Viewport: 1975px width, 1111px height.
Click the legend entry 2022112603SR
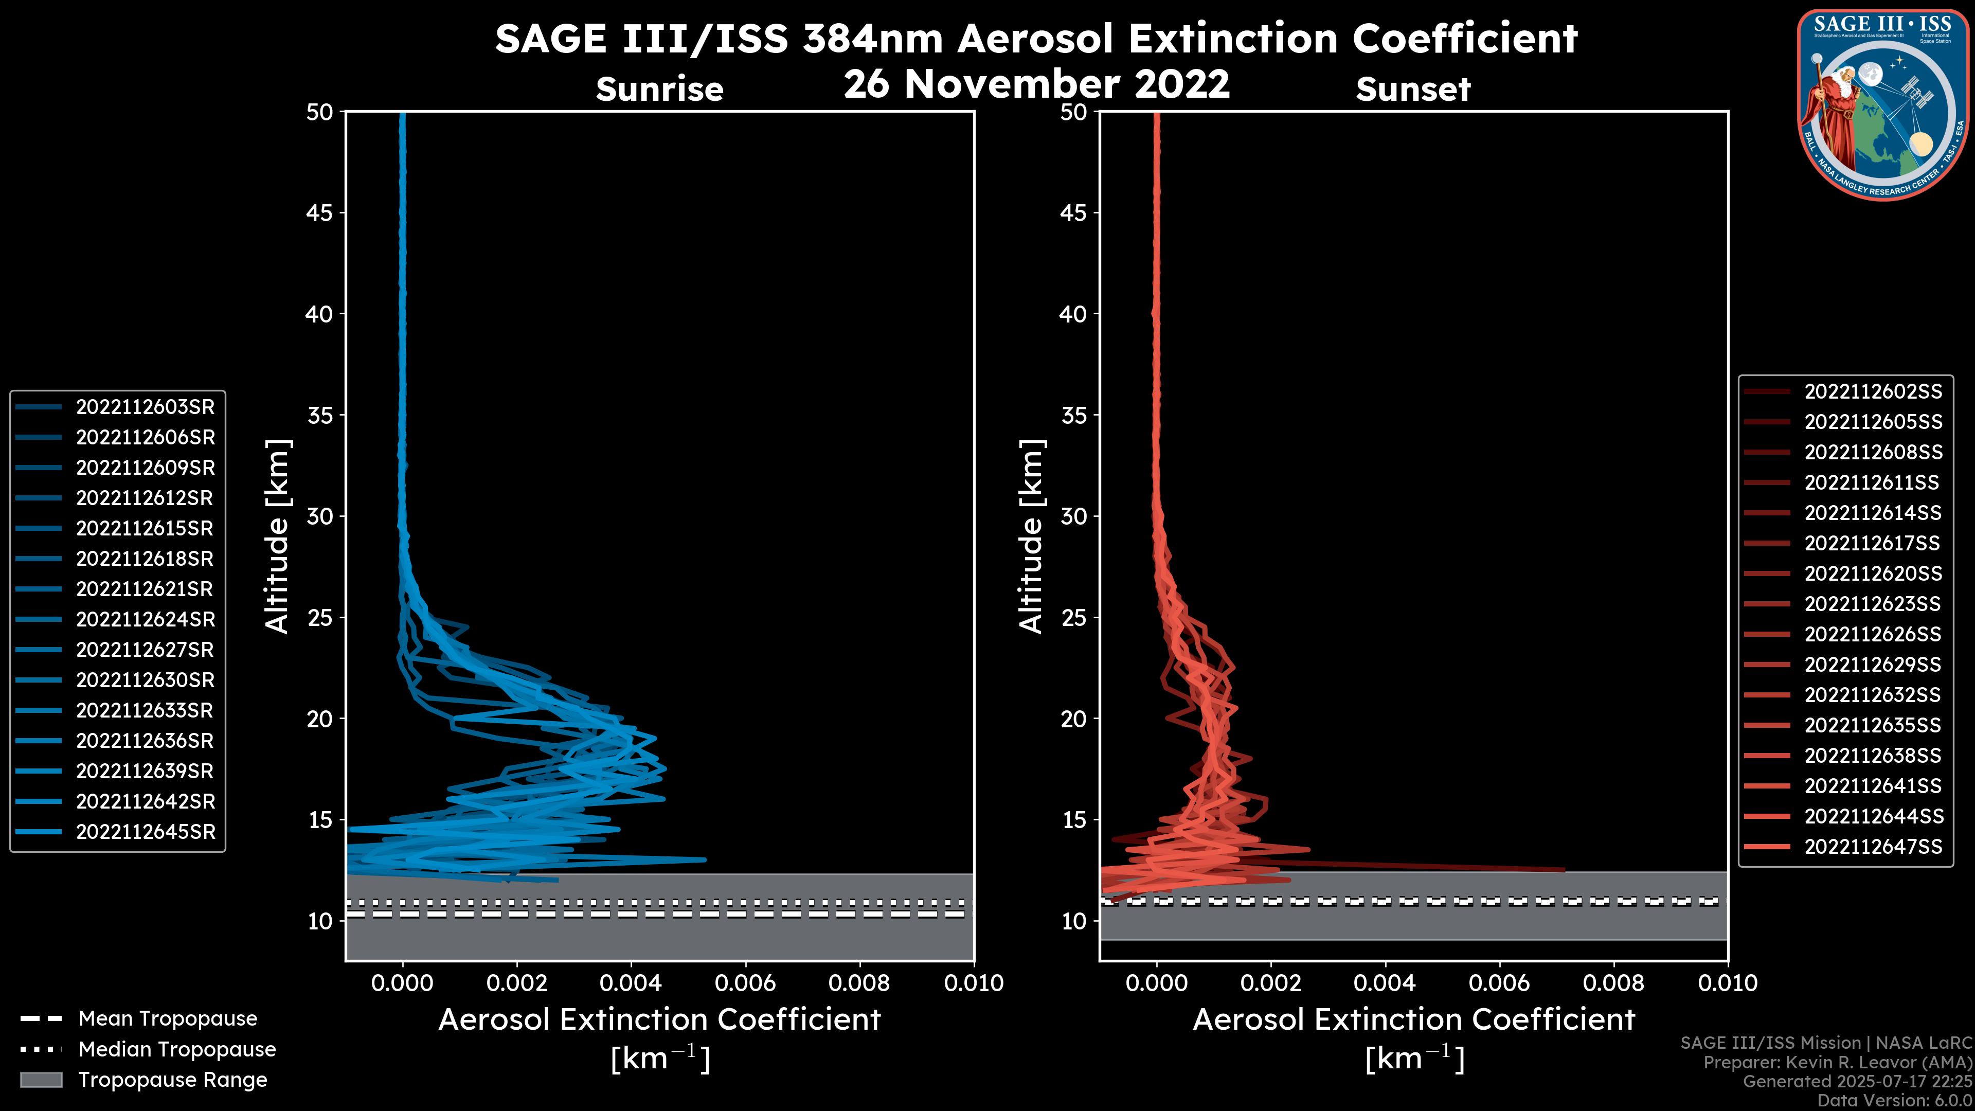point(145,407)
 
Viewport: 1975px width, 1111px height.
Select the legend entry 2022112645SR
point(145,832)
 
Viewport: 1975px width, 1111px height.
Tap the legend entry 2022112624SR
point(145,619)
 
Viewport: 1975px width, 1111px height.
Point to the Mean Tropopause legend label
point(167,1019)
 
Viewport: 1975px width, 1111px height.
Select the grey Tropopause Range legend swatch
point(41,1080)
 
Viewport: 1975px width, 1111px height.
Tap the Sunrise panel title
point(659,89)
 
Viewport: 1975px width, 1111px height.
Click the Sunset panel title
point(1413,89)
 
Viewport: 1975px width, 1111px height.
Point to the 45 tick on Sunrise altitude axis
point(320,213)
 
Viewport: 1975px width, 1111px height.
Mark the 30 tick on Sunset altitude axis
point(1073,517)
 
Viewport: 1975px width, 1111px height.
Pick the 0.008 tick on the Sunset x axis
point(1614,983)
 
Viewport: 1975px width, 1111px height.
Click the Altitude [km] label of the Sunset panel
point(1031,536)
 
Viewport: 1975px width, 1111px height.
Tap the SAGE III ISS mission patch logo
point(1882,105)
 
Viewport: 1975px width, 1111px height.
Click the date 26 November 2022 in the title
point(1036,84)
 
